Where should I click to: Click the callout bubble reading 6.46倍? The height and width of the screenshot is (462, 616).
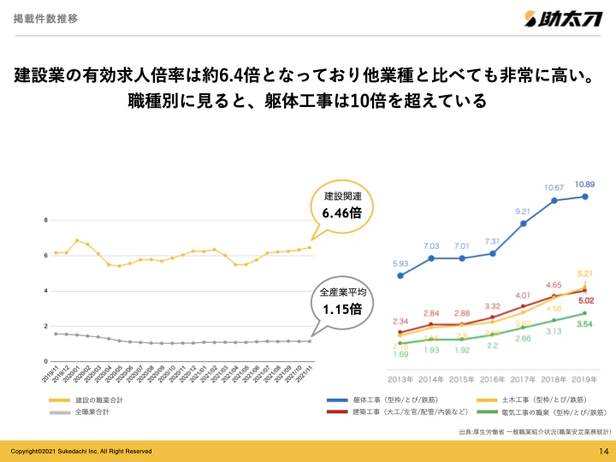pyautogui.click(x=341, y=204)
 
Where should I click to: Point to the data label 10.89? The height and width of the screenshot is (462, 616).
pyautogui.click(x=585, y=183)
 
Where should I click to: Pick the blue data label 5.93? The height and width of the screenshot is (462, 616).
pyautogui.click(x=400, y=264)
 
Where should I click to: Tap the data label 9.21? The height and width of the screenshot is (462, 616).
pyautogui.click(x=524, y=210)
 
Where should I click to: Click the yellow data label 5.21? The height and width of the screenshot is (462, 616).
pyautogui.click(x=585, y=273)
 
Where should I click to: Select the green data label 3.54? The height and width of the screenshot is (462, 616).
pyautogui.click(x=585, y=325)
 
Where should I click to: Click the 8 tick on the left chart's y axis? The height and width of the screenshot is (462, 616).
pyautogui.click(x=45, y=221)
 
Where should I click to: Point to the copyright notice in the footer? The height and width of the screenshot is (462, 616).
pyautogui.click(x=80, y=451)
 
